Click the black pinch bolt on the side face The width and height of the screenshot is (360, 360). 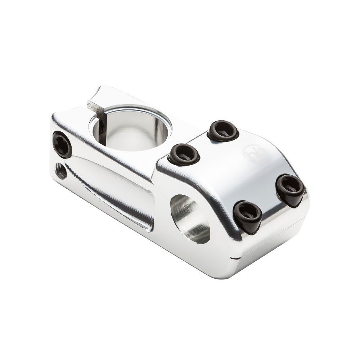(62, 144)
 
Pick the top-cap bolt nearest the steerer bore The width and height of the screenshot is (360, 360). (184, 154)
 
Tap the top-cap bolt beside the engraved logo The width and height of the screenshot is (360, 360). (223, 130)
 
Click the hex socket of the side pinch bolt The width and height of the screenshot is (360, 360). (62, 144)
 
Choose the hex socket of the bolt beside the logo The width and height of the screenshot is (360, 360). (223, 130)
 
